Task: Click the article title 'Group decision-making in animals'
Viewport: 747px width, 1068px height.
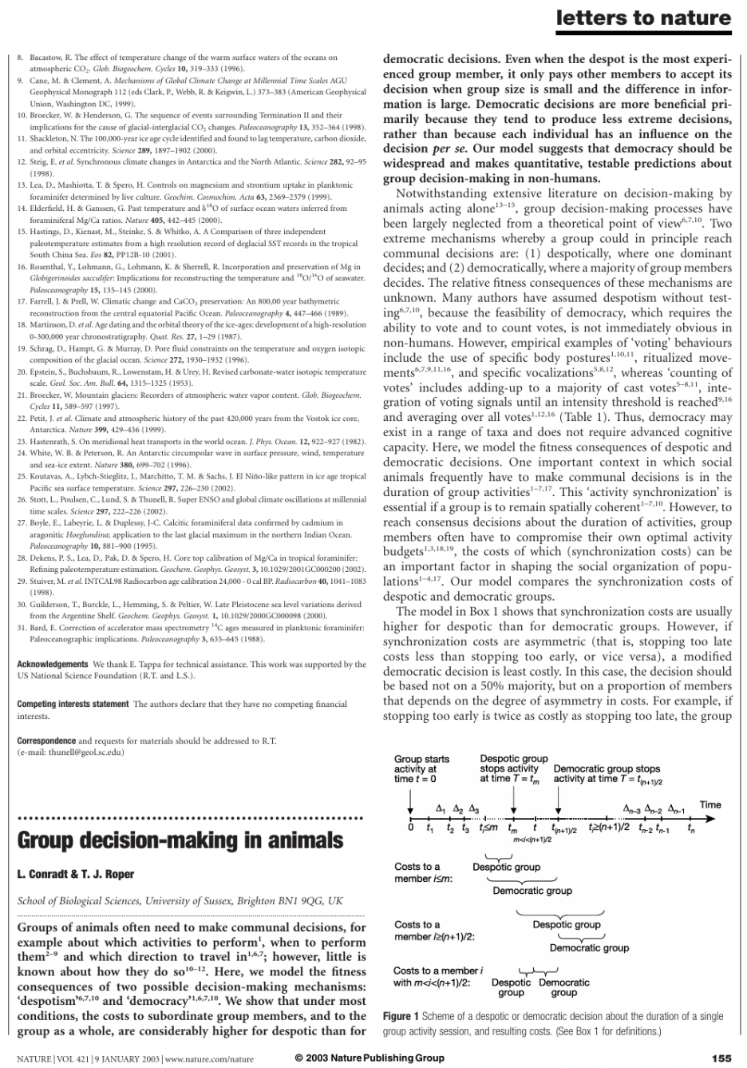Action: pos(180,841)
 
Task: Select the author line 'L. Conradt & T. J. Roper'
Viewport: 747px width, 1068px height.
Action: pos(76,874)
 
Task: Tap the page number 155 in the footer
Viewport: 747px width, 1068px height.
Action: pos(721,1058)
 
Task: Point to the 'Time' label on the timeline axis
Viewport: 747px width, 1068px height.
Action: pos(709,804)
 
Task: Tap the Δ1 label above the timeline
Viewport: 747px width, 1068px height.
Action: pos(441,808)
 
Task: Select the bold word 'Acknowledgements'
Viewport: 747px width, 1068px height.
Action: pos(53,664)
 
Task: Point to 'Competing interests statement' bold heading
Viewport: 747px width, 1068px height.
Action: pos(73,704)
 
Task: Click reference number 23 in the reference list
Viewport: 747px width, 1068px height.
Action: pos(22,441)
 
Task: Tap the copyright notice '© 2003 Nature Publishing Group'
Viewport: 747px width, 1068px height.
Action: pos(370,1058)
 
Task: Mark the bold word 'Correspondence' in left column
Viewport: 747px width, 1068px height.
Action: pos(46,740)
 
